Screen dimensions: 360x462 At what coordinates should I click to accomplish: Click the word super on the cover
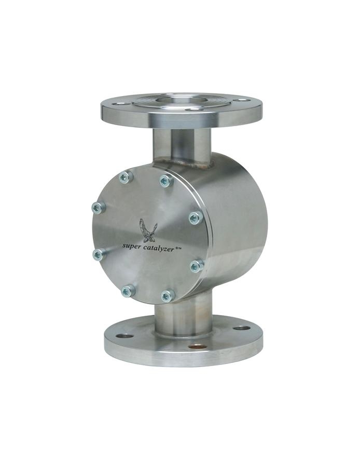132,245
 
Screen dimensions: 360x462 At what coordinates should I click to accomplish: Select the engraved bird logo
147,230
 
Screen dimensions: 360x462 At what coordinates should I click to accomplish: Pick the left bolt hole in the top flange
120,104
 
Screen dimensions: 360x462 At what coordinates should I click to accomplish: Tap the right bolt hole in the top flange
242,100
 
